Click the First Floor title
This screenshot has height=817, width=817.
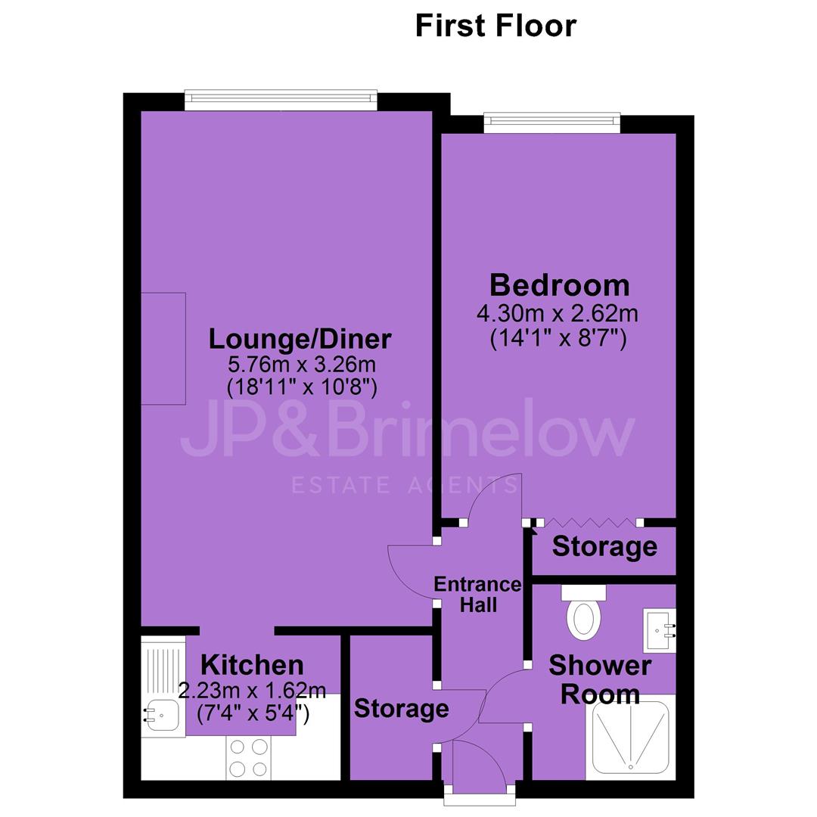point(495,26)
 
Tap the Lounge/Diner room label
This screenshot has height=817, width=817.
point(300,339)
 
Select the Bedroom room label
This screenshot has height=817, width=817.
point(560,285)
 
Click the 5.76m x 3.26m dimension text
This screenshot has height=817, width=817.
point(302,364)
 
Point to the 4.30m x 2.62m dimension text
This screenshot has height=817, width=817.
point(558,314)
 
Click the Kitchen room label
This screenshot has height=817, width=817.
point(252,665)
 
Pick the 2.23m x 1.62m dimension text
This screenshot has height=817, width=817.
point(252,691)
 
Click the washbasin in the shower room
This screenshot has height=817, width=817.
point(660,630)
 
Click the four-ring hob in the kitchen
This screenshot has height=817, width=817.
point(248,758)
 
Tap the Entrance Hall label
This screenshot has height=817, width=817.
point(478,595)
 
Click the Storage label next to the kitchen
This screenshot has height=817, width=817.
point(401,709)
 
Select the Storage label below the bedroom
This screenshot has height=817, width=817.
point(604,547)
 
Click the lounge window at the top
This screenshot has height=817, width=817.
point(281,101)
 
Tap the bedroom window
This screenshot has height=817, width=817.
point(552,123)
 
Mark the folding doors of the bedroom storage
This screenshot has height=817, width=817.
point(589,522)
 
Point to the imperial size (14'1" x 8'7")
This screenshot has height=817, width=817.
point(558,339)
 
